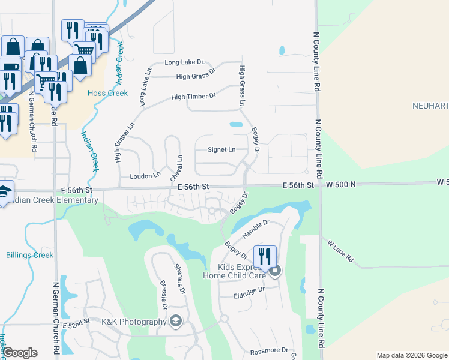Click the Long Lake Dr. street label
pyautogui.click(x=185, y=62)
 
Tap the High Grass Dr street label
pyautogui.click(x=196, y=76)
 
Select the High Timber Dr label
pyautogui.click(x=193, y=97)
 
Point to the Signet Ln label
pyautogui.click(x=221, y=150)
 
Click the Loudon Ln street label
pyautogui.click(x=145, y=176)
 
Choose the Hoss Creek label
pyautogui.click(x=108, y=93)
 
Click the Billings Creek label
pyautogui.click(x=29, y=255)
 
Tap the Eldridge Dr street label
pyautogui.click(x=250, y=291)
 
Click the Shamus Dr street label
pyautogui.click(x=180, y=278)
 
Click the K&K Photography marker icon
pyautogui.click(x=175, y=321)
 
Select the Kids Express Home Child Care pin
pyautogui.click(x=275, y=272)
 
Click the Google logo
pyautogui.click(x=20, y=353)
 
